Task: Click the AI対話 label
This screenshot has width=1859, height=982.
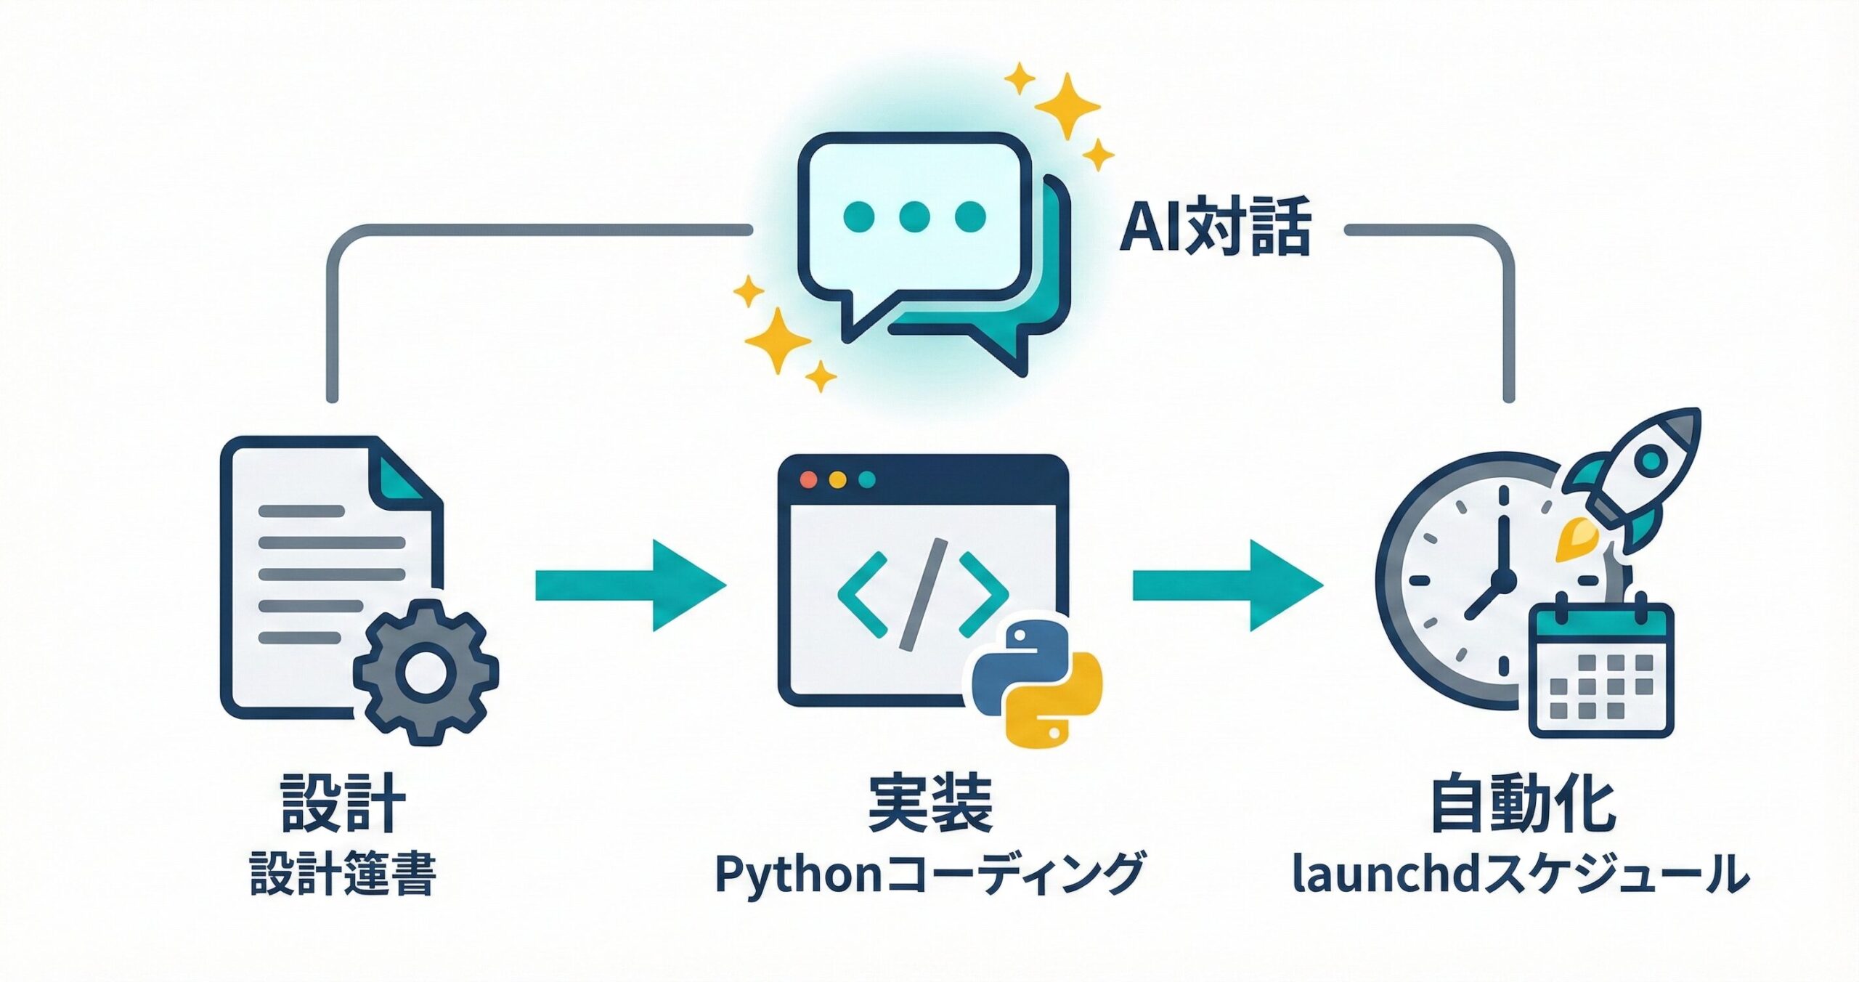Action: (x=1214, y=227)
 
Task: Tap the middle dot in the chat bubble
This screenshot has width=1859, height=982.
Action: (x=914, y=216)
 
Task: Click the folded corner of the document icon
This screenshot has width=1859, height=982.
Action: (x=402, y=476)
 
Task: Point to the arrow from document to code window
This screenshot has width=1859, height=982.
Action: (x=629, y=585)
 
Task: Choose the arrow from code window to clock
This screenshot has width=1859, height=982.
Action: (x=1227, y=585)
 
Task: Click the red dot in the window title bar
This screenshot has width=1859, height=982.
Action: (x=808, y=480)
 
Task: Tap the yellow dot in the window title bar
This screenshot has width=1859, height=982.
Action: (x=837, y=480)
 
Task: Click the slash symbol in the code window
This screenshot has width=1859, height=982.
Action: (x=924, y=593)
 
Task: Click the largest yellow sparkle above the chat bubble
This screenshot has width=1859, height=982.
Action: (x=1067, y=105)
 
